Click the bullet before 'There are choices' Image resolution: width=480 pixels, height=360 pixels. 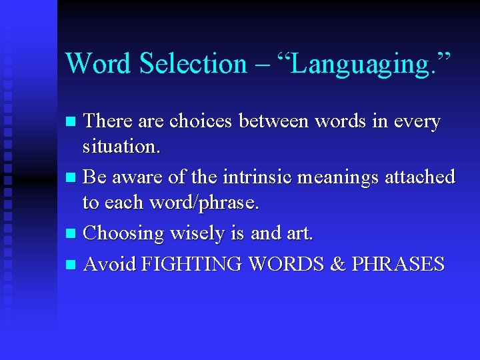(x=73, y=122)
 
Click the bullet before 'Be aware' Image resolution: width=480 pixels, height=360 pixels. (x=73, y=178)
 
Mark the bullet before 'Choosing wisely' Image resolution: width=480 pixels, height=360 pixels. (x=73, y=234)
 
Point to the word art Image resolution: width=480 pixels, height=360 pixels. (x=299, y=234)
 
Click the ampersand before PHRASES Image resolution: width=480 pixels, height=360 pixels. (x=337, y=265)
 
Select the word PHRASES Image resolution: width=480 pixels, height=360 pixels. (x=398, y=265)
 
